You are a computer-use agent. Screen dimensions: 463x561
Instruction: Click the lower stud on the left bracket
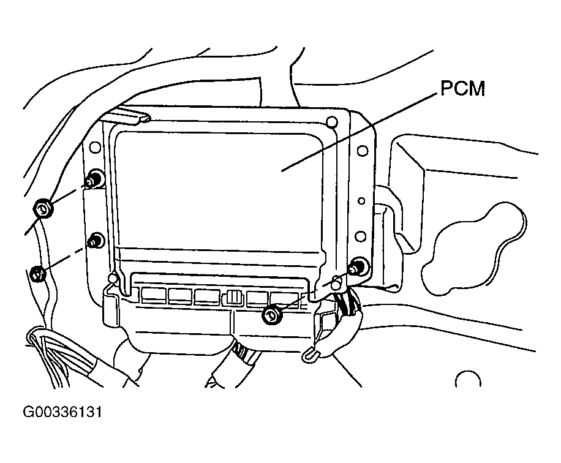(94, 241)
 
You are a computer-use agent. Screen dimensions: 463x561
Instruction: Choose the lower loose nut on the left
(37, 273)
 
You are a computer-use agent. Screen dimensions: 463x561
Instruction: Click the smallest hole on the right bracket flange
(362, 200)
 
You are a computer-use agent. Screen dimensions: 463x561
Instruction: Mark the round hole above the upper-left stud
(94, 148)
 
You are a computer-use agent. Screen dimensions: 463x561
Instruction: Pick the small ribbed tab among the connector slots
(233, 297)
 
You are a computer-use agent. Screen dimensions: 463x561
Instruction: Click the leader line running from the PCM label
(361, 130)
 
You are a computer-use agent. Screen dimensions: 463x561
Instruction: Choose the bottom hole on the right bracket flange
(361, 236)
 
